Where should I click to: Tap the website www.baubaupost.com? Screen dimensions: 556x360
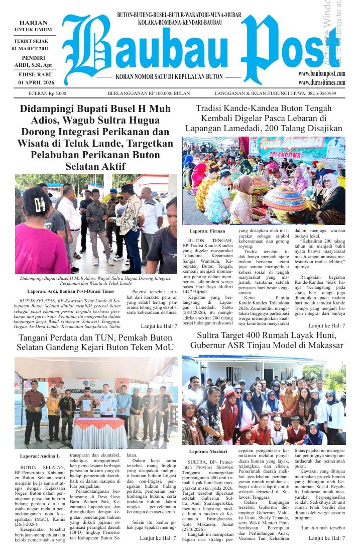coord(321,74)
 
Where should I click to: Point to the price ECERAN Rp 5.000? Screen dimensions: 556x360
coord(48,93)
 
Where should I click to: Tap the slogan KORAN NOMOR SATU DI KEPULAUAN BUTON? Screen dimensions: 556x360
coord(169,77)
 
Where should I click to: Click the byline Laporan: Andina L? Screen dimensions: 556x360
coord(40,456)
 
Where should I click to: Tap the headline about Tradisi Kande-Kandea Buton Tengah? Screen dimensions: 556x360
coord(264,118)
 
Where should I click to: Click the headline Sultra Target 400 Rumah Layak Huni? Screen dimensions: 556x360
coord(264,340)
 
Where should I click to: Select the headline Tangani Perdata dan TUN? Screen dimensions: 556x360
coord(95,340)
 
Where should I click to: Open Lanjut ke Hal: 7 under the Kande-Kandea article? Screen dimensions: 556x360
coord(326,326)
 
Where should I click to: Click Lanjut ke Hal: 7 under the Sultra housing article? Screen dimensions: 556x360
coord(326,538)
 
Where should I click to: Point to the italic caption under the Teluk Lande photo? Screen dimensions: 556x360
coord(96,280)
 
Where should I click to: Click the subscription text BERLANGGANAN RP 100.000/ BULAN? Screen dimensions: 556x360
coord(149,93)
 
